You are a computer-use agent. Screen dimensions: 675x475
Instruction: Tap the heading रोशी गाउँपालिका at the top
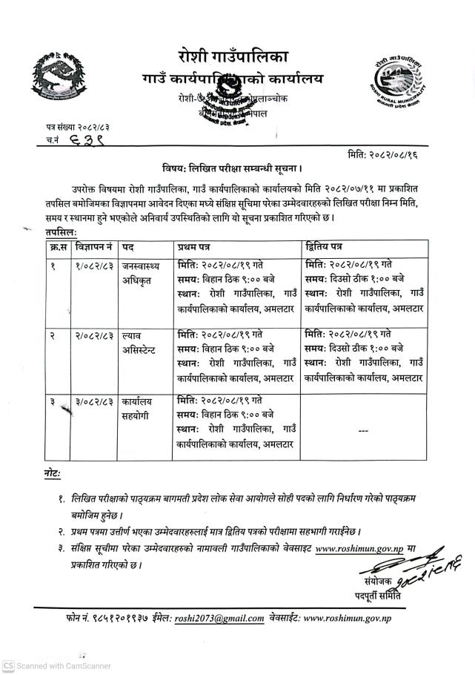233,56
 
